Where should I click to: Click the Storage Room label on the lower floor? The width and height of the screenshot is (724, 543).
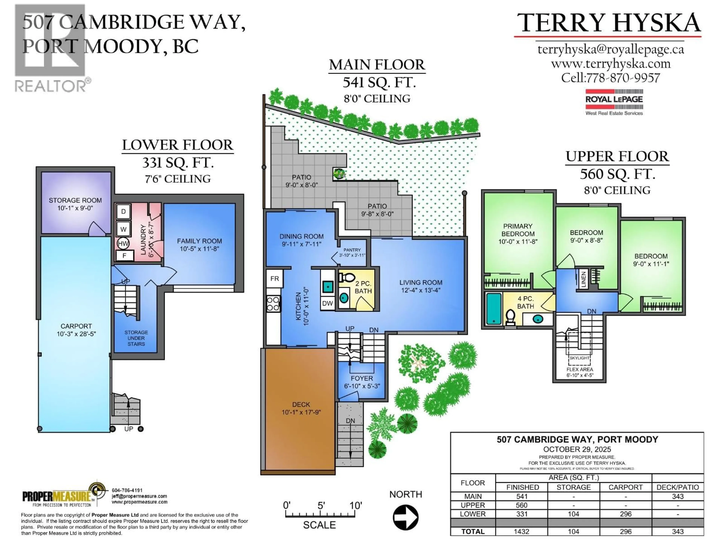75,200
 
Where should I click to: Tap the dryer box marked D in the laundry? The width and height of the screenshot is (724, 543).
123,211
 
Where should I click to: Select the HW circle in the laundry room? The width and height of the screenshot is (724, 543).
123,243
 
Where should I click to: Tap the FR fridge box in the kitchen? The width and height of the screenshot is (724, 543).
274,278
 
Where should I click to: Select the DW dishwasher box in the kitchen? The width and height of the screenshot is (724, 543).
327,303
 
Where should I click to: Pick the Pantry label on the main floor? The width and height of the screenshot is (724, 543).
352,250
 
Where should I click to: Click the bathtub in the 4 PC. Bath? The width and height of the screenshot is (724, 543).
494,309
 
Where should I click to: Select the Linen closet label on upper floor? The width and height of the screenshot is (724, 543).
583,279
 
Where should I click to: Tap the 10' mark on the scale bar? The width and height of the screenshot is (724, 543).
355,506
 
